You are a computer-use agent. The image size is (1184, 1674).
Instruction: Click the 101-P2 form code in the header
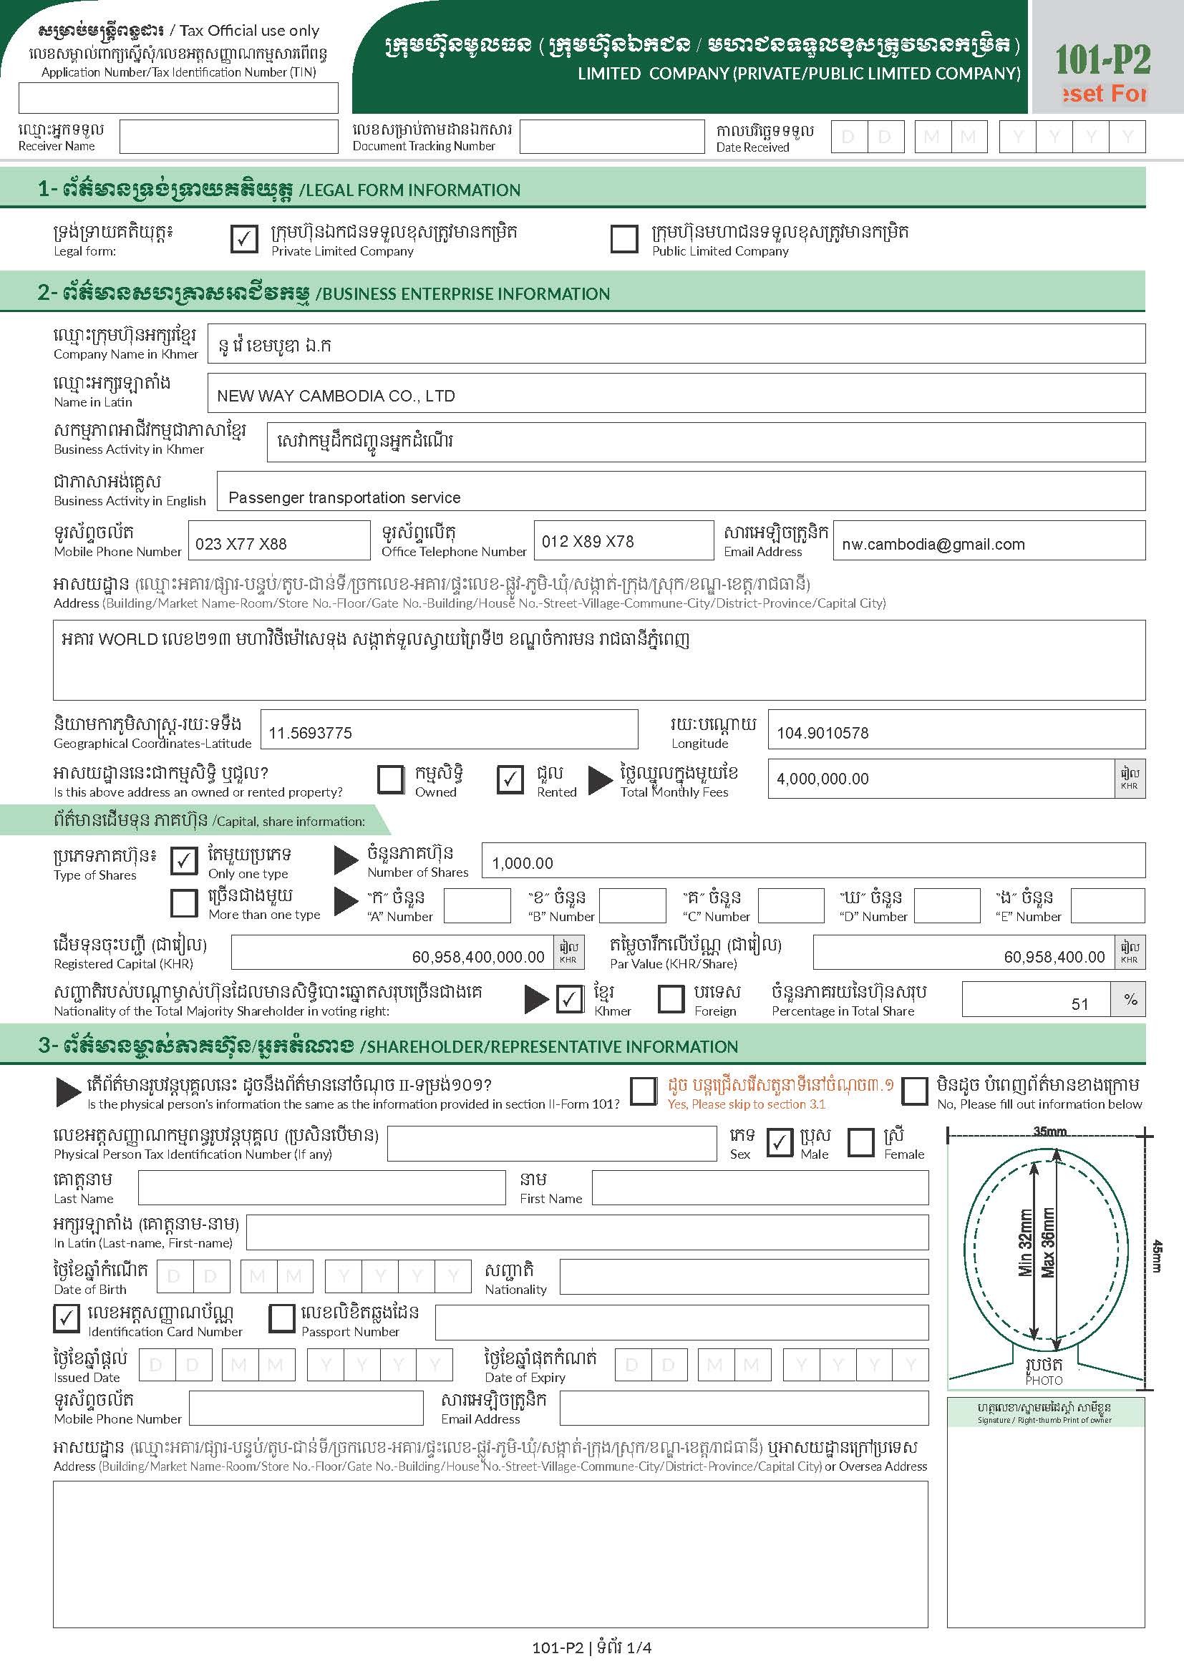[1102, 60]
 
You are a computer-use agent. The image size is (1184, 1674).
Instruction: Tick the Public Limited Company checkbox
[623, 238]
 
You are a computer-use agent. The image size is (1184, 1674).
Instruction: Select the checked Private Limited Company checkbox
[244, 238]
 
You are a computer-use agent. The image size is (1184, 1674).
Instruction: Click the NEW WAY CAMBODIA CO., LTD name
[336, 396]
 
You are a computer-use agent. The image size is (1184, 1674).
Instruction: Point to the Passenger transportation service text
[344, 498]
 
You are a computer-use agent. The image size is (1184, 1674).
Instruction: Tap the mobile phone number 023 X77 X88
[241, 544]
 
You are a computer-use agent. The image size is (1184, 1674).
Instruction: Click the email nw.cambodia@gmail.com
[933, 544]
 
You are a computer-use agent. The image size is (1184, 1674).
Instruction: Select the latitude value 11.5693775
[311, 734]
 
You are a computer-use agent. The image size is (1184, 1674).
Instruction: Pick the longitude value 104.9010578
[823, 734]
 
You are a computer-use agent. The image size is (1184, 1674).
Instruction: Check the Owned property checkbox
[391, 779]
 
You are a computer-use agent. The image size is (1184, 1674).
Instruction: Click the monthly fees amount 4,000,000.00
[823, 779]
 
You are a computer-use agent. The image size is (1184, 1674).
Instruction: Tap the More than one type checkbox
[184, 902]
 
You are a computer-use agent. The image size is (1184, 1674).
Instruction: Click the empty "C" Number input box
[790, 905]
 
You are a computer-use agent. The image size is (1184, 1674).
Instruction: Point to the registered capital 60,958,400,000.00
[477, 957]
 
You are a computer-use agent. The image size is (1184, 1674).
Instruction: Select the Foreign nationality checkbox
[671, 999]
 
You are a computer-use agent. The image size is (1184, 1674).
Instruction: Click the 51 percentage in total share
[1079, 1004]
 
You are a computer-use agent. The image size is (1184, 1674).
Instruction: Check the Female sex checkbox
[861, 1142]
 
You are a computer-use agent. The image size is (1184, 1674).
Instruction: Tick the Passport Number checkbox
[282, 1318]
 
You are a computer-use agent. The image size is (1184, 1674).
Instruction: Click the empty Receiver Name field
[228, 137]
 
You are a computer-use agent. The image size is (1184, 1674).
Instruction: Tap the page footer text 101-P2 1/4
[591, 1647]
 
